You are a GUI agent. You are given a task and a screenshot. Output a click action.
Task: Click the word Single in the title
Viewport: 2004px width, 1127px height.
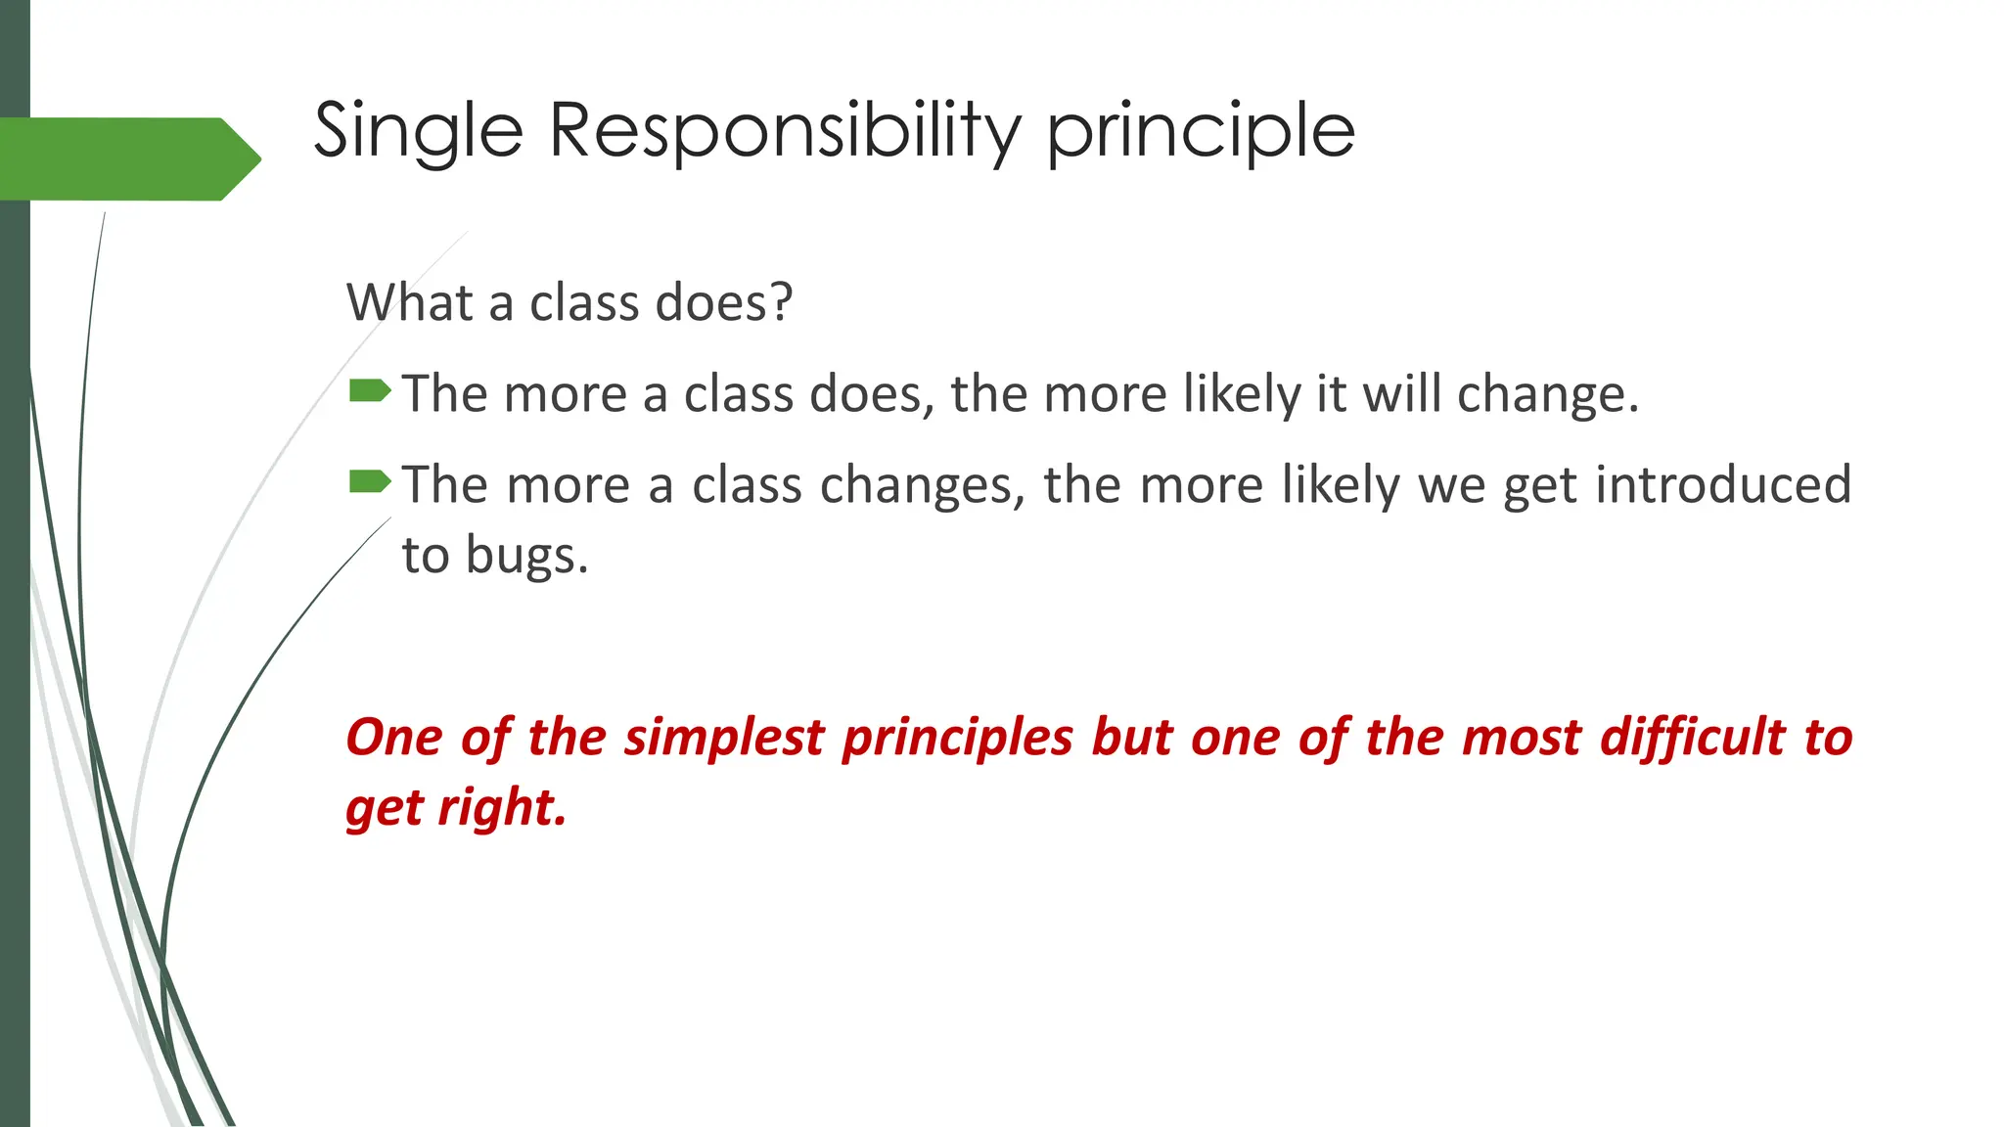click(x=418, y=131)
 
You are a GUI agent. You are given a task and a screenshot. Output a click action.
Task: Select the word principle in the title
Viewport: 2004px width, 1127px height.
click(x=1201, y=131)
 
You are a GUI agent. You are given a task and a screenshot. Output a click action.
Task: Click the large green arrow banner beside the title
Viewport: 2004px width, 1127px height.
click(x=127, y=158)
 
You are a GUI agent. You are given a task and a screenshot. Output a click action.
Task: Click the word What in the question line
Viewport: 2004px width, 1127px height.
click(x=409, y=302)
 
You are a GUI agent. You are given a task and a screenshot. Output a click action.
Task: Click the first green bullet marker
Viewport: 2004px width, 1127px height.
click(x=370, y=391)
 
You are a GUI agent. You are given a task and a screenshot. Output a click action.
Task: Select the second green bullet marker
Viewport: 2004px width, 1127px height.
click(x=370, y=481)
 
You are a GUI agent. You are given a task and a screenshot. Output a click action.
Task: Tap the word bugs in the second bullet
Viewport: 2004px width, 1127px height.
click(x=525, y=556)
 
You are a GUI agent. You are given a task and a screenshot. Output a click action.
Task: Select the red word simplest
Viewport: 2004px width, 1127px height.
click(x=724, y=737)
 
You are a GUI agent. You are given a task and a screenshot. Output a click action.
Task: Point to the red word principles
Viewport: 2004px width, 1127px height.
click(x=958, y=737)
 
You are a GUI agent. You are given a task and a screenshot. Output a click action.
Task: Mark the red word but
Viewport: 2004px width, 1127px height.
click(x=1131, y=737)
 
